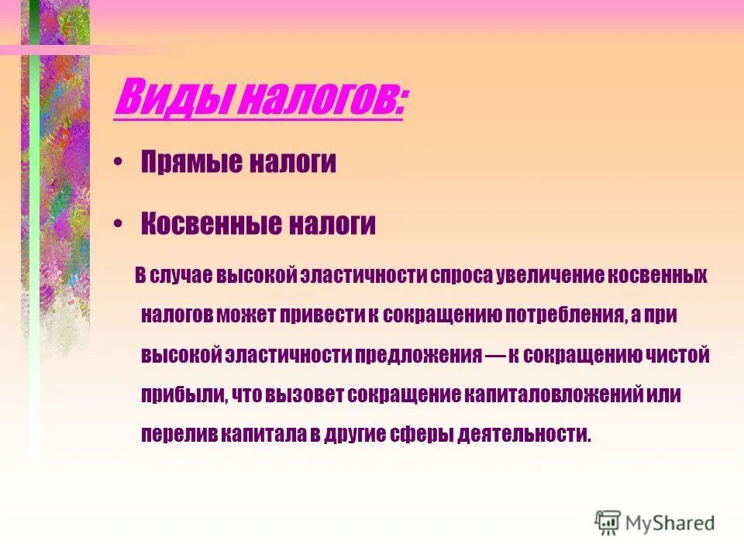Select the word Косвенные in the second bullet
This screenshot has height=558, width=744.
[210, 224]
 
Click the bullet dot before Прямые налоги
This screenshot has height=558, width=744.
[118, 163]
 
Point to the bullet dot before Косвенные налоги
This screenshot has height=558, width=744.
[118, 224]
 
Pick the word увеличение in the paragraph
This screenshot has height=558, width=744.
[547, 276]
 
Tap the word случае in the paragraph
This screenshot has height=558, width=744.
[183, 276]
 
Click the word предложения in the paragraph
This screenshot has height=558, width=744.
[418, 355]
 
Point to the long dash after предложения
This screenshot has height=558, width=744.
[497, 355]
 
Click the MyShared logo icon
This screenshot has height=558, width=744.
[608, 523]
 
